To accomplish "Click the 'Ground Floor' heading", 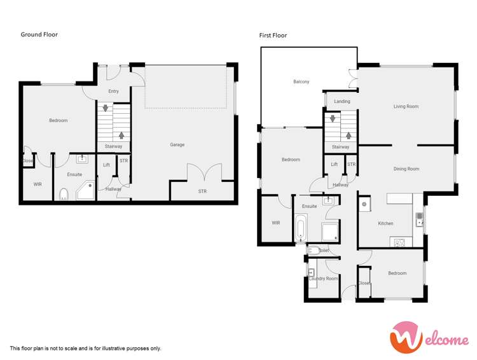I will click(x=39, y=34).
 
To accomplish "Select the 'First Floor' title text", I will click(x=273, y=36).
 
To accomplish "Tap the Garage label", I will click(x=177, y=145).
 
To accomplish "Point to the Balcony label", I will click(x=301, y=82).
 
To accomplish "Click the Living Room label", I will click(x=406, y=107).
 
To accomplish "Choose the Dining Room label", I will click(x=406, y=169).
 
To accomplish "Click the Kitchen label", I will click(x=385, y=224).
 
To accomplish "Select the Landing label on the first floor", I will click(x=342, y=102).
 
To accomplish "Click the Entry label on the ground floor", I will click(x=113, y=92).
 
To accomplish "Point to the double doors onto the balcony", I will click(x=353, y=79).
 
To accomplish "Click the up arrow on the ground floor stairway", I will click(x=121, y=135).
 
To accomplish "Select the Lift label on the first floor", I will click(x=334, y=165).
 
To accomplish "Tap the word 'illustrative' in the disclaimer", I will click(x=119, y=349).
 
